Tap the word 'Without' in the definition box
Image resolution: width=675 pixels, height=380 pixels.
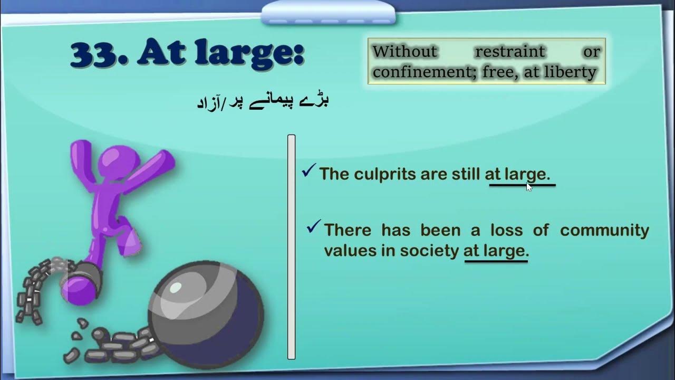[405, 52]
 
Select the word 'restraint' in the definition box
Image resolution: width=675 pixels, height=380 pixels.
[510, 52]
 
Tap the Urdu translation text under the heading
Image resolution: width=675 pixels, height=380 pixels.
[263, 101]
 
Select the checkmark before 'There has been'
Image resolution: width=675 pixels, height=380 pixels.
[314, 227]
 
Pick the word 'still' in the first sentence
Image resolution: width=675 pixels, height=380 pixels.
[464, 174]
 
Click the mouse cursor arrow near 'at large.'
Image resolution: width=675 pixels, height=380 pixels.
[529, 186]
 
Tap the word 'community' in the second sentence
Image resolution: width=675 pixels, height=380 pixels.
[604, 230]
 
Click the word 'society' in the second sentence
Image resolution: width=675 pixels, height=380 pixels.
[429, 251]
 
